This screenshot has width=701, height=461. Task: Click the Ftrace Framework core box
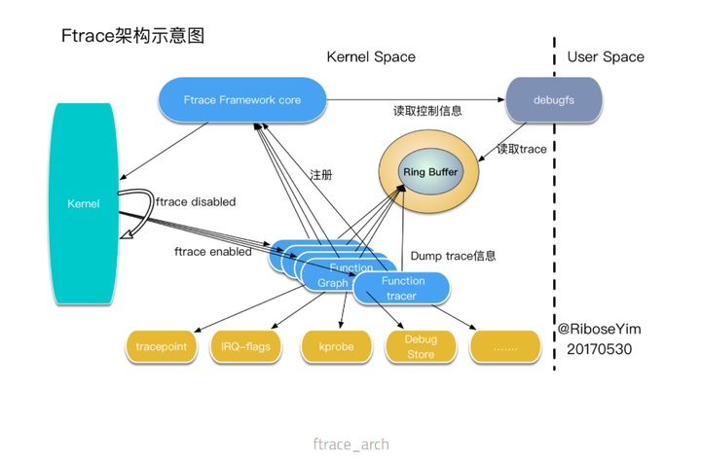[x=241, y=99]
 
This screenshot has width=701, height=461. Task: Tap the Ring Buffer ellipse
[x=430, y=171]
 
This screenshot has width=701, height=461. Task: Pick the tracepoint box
[x=163, y=346]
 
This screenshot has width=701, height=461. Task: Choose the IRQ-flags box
[x=244, y=346]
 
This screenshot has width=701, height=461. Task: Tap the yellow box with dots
[x=504, y=346]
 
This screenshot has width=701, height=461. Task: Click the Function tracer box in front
[x=403, y=288]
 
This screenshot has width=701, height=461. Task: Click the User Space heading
[x=606, y=57]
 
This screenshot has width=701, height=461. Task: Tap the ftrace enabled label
[x=212, y=251]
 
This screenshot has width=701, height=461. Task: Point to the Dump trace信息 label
[x=453, y=256]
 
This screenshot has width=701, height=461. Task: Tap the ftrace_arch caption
[x=350, y=443]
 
